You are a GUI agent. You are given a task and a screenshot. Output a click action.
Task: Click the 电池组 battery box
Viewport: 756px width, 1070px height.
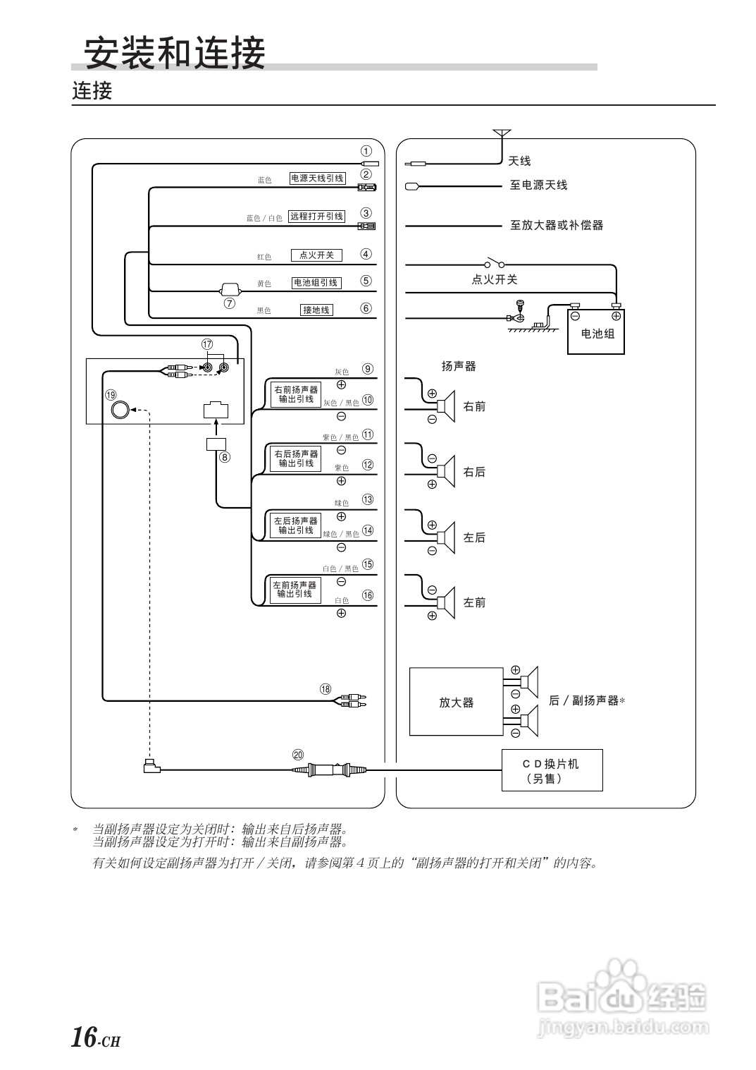597,332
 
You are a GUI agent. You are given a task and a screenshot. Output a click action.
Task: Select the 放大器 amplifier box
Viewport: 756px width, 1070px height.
456,702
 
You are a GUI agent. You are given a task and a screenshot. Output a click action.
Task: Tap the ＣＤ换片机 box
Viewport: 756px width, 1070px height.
552,770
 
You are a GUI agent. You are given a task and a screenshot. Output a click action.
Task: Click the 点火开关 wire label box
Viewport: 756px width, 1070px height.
316,255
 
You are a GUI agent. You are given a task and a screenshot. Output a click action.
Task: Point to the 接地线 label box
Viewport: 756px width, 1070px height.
316,310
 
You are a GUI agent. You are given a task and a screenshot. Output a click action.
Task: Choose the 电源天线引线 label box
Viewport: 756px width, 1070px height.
317,178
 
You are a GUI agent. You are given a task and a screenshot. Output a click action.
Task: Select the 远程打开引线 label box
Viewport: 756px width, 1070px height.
316,217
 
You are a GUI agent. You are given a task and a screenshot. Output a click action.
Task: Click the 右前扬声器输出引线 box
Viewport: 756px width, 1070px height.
295,394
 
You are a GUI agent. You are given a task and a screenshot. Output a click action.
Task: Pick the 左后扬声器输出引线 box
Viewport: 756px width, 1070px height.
295,525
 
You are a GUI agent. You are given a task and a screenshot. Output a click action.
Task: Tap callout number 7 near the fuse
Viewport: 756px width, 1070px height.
229,304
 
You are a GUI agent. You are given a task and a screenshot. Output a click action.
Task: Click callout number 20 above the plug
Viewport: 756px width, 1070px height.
298,754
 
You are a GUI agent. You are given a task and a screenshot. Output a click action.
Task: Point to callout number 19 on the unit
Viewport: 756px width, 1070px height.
111,395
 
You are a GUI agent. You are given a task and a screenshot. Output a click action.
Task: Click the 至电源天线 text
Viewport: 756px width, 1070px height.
538,186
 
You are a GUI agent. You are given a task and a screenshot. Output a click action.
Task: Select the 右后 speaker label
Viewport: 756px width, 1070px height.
474,472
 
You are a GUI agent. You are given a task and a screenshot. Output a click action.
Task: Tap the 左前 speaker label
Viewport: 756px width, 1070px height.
474,603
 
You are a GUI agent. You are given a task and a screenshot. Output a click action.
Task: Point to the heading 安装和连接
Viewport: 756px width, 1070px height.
174,53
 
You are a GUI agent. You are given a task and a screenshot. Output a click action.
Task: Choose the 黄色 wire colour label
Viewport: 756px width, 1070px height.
264,284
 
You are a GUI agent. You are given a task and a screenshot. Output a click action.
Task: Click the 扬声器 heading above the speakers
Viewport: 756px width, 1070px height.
459,366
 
